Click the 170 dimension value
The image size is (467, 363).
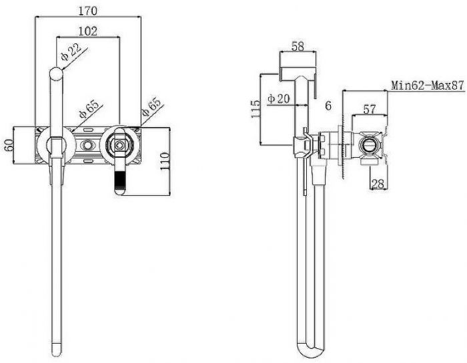(88, 11)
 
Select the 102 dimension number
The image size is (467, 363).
(88, 31)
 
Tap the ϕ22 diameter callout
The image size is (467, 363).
(71, 52)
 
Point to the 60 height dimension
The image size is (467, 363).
(9, 145)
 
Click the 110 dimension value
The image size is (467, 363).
(165, 161)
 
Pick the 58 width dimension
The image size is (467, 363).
(298, 46)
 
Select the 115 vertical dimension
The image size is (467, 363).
(256, 109)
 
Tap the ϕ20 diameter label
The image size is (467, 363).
(278, 98)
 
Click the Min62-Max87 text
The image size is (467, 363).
(428, 86)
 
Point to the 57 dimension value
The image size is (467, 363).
(370, 109)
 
